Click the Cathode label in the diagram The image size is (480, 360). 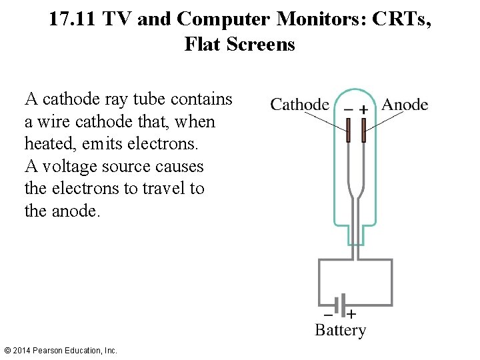point(299,105)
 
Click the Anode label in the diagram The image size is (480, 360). point(405,105)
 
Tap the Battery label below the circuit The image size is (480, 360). point(340,331)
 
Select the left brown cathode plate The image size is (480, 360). point(348,130)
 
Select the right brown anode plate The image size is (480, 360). point(363,130)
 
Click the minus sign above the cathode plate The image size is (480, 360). point(348,109)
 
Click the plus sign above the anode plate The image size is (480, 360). point(363,109)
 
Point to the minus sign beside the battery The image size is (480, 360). point(327,313)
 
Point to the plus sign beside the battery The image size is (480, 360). point(351,313)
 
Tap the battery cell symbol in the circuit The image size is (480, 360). point(340,306)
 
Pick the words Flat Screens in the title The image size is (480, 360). point(239,45)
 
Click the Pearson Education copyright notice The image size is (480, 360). point(60,350)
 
